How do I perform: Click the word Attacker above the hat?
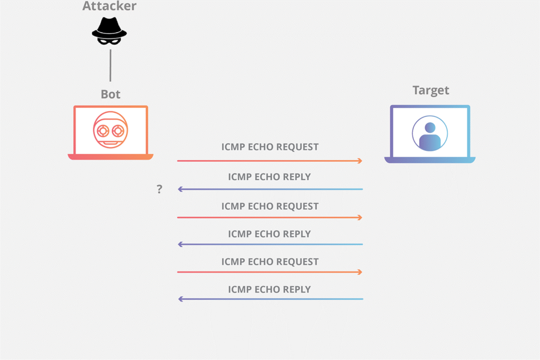pyautogui.click(x=110, y=7)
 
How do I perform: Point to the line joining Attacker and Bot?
pyautogui.click(x=110, y=65)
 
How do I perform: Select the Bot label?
pyautogui.click(x=111, y=94)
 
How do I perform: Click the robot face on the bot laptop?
pyautogui.click(x=111, y=129)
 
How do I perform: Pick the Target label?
pyautogui.click(x=431, y=90)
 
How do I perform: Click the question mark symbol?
pyautogui.click(x=159, y=189)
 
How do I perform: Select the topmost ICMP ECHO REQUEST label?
pyautogui.click(x=270, y=147)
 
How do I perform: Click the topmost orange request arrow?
pyautogui.click(x=270, y=161)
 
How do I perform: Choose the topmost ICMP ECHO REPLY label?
pyautogui.click(x=269, y=177)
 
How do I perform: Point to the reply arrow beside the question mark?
pyautogui.click(x=270, y=189)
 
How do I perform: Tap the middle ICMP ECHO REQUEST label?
pyautogui.click(x=270, y=206)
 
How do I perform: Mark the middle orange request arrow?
pyautogui.click(x=270, y=217)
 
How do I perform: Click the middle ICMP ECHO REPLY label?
pyautogui.click(x=269, y=234)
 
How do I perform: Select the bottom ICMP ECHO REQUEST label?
pyautogui.click(x=270, y=261)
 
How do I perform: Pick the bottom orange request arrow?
pyautogui.click(x=270, y=272)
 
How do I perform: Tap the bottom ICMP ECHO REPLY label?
pyautogui.click(x=269, y=289)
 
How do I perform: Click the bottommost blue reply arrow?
pyautogui.click(x=270, y=299)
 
